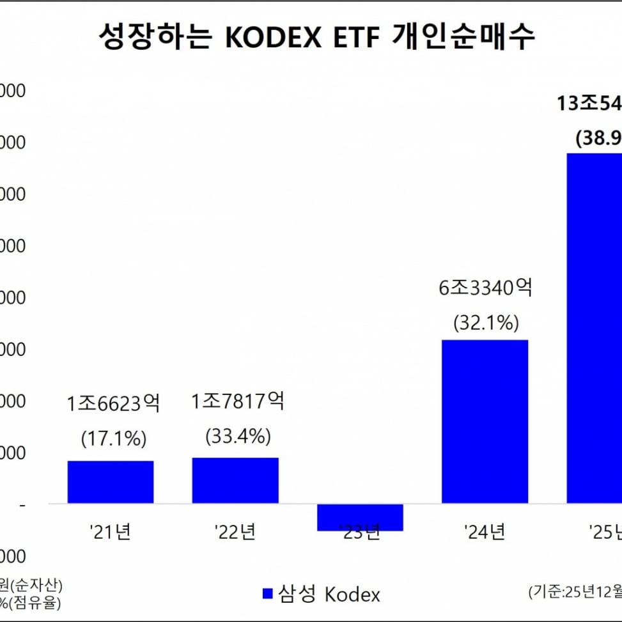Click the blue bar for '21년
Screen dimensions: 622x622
click(111, 481)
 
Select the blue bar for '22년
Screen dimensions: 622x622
click(235, 480)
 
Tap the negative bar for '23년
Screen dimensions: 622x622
click(360, 517)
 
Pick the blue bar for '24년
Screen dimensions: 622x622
click(485, 421)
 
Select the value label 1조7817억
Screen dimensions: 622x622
click(238, 401)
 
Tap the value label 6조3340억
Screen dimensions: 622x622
click(485, 288)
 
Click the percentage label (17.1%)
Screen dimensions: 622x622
click(114, 439)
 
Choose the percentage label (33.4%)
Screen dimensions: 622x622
click(238, 437)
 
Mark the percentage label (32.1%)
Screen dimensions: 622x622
click(485, 323)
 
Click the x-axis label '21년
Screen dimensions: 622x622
click(111, 531)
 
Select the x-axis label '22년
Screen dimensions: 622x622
click(235, 531)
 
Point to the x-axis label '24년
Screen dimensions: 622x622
click(485, 531)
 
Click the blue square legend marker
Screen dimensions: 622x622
click(268, 593)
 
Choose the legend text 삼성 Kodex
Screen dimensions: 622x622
click(329, 594)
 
